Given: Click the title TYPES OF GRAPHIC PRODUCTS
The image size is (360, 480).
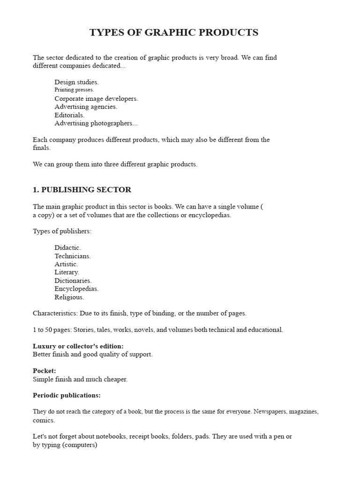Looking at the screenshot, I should pos(174,33).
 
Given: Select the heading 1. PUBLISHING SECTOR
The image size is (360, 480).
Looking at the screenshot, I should pos(82,190).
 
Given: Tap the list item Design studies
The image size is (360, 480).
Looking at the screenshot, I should pos(76,82).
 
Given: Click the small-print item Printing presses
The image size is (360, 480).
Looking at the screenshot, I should pos(74,90).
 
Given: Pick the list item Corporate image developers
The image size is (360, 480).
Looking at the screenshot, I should pos(96,98).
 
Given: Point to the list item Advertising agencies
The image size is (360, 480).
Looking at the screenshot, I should pos(86,107).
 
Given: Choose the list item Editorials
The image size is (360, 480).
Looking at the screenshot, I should pos(69,115).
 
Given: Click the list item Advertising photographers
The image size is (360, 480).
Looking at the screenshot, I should pos(96,123).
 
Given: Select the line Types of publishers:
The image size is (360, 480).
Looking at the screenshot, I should pos(62,231).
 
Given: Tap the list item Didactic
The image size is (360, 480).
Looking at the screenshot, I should pos(67,247).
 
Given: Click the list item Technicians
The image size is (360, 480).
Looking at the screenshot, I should pos(73,256).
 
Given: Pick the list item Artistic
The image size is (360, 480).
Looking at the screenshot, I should pos(66,264).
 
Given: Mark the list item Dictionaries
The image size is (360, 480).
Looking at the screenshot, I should pos(73,280).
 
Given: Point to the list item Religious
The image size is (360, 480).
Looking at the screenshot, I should pos(69,297).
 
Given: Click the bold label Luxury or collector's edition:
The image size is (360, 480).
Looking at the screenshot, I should pos(78,346).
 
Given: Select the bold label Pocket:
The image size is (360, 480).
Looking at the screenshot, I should pos(45,371).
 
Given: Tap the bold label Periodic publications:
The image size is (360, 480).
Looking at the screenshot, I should pos(67,395).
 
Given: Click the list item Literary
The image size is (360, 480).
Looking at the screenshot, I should pos(67,272).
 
